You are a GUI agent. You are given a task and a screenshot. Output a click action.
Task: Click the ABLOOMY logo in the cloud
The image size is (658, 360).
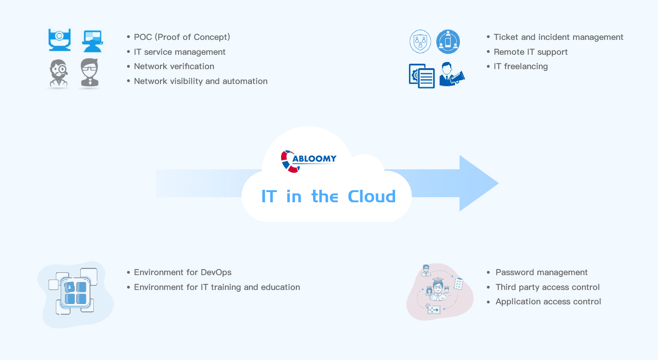(x=308, y=161)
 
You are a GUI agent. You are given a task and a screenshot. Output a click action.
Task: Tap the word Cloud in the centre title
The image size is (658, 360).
(x=371, y=196)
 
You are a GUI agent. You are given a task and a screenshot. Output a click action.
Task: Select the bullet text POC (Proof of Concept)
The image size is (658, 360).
(x=182, y=37)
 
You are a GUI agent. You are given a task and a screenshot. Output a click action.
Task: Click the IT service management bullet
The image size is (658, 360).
(x=179, y=52)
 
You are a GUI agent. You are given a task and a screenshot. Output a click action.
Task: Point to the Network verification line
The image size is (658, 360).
(x=174, y=66)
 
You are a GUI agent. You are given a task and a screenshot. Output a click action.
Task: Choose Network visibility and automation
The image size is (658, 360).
(x=201, y=81)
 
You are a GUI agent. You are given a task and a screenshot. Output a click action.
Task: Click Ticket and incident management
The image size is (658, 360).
(x=558, y=37)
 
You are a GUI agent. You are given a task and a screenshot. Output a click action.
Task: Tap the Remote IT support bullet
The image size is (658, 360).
(x=530, y=52)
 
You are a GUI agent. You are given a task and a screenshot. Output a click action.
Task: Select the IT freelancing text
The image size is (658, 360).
(x=521, y=66)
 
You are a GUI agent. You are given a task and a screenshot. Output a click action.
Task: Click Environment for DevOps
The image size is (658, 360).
(x=183, y=272)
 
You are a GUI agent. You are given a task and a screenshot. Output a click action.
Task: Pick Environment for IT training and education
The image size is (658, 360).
(x=217, y=287)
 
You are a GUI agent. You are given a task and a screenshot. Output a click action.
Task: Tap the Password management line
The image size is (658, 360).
(x=542, y=272)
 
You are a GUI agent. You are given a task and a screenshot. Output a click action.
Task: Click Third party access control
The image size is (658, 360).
(x=548, y=287)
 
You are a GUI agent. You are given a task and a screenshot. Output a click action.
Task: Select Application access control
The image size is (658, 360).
(x=548, y=302)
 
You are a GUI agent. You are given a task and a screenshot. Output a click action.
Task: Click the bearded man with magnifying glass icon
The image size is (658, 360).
(x=59, y=73)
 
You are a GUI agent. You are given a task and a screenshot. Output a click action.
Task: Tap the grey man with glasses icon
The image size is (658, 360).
(x=89, y=73)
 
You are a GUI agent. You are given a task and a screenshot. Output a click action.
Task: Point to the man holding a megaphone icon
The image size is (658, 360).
(x=452, y=74)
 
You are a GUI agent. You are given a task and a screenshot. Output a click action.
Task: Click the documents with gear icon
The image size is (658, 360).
(x=422, y=76)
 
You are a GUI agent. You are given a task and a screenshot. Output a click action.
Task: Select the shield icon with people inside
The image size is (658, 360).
(x=421, y=41)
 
